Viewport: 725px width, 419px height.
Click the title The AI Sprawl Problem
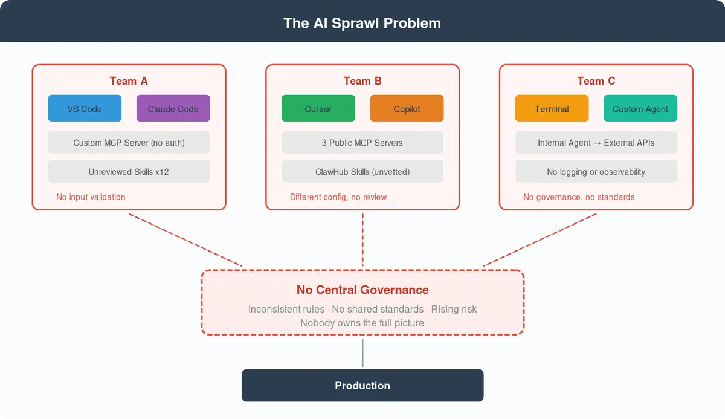point(362,24)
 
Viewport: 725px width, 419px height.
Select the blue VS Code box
point(85,109)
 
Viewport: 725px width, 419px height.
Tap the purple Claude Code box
point(173,109)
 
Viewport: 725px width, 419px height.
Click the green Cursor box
point(318,109)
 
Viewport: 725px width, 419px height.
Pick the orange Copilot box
point(407,109)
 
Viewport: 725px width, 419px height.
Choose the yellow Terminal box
point(552,109)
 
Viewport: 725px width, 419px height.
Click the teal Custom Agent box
point(640,109)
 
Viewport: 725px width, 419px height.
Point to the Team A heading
point(129,81)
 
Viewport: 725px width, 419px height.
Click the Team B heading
point(362,81)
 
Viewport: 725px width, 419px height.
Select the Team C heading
point(596,81)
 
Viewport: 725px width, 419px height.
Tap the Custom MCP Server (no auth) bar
point(129,143)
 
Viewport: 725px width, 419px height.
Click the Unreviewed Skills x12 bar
point(129,172)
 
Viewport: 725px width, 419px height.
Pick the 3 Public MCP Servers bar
point(362,143)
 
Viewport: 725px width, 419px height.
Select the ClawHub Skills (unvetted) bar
point(362,172)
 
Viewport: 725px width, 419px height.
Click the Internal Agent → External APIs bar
point(596,143)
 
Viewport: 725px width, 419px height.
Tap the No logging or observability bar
point(596,172)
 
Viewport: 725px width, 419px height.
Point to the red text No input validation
point(91,197)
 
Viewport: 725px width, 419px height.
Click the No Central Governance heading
point(362,290)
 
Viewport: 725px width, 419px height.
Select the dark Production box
point(362,386)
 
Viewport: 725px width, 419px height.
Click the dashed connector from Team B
point(362,239)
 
